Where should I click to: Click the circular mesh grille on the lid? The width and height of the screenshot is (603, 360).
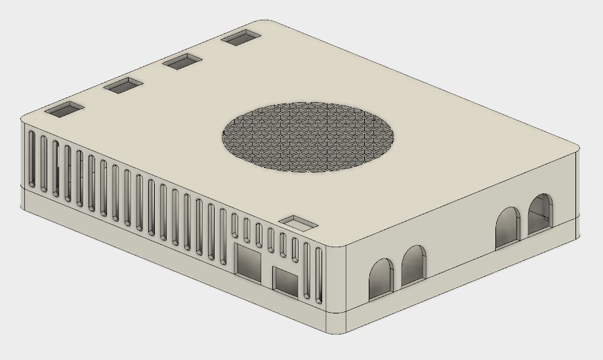pyautogui.click(x=308, y=136)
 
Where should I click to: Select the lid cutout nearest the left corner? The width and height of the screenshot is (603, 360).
pyautogui.click(x=64, y=110)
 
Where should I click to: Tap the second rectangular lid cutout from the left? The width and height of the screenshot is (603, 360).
pyautogui.click(x=124, y=85)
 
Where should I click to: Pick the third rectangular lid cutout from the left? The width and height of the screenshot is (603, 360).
pyautogui.click(x=183, y=62)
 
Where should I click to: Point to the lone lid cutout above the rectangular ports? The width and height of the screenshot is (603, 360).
pyautogui.click(x=299, y=223)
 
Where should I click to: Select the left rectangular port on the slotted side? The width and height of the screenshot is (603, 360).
pyautogui.click(x=249, y=262)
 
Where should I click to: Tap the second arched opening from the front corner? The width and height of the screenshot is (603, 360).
pyautogui.click(x=413, y=265)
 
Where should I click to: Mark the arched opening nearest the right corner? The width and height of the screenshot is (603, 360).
pyautogui.click(x=540, y=214)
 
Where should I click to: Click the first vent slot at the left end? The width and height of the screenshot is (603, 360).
pyautogui.click(x=31, y=157)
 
